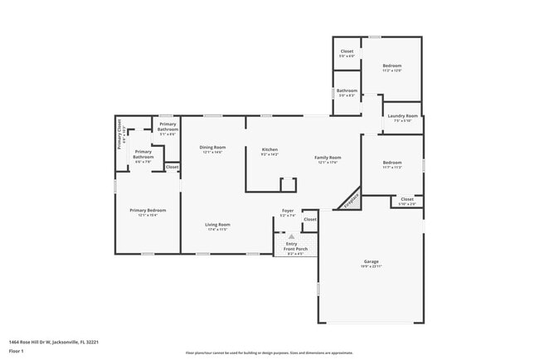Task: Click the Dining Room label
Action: coord(212,148)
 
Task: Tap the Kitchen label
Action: coord(269,149)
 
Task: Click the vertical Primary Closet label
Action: coord(119,137)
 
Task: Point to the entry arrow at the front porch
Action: coord(291,236)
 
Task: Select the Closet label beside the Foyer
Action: coord(309,220)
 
